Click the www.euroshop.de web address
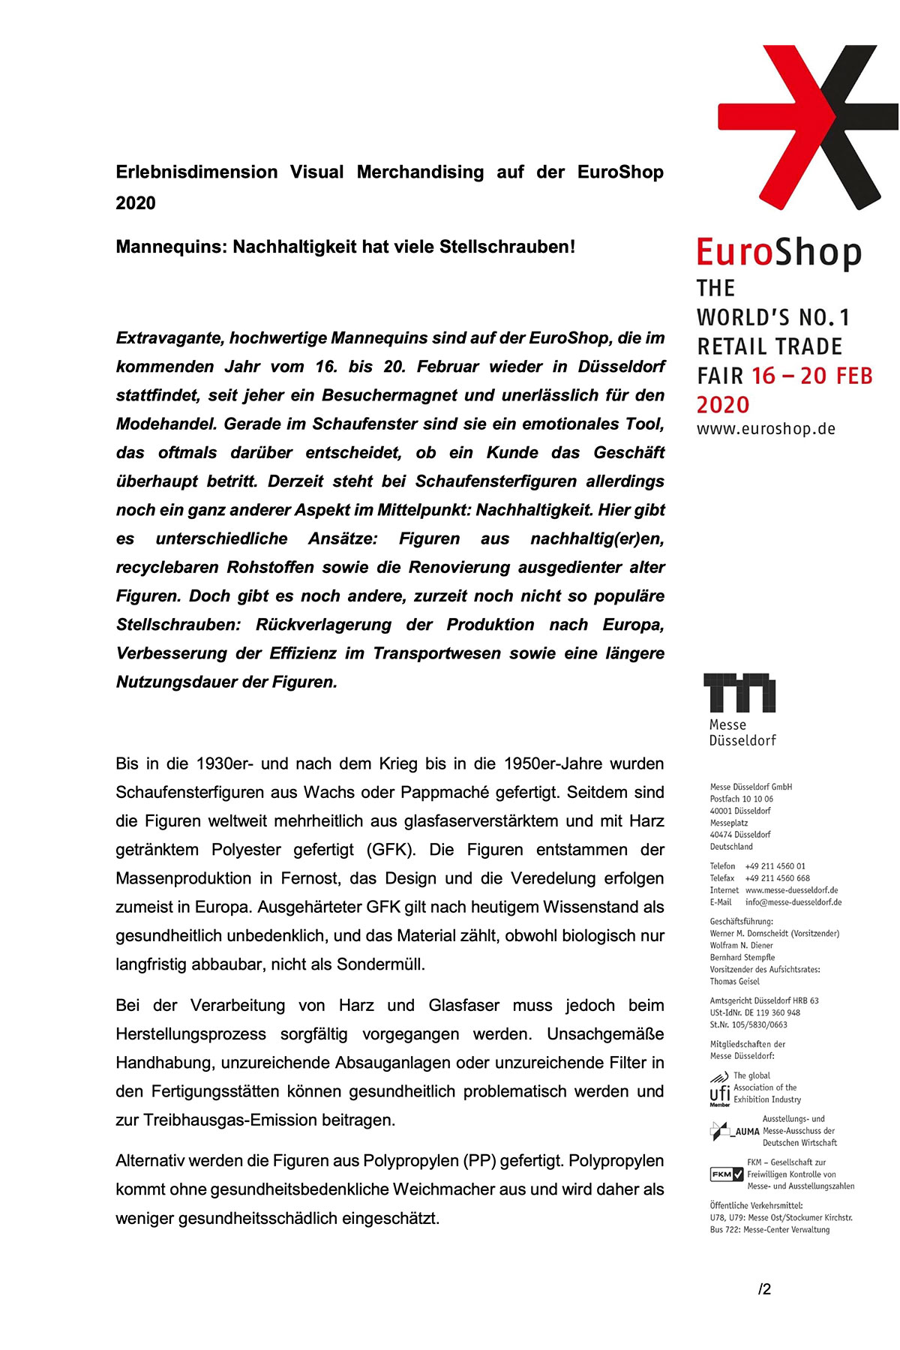[x=766, y=430]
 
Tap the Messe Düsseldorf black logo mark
[x=739, y=692]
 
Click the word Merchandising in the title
[x=420, y=172]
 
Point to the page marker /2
[x=764, y=1289]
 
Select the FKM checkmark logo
[x=727, y=1174]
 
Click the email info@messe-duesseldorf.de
[x=793, y=902]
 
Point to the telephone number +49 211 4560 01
[x=775, y=866]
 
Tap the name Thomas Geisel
[x=734, y=982]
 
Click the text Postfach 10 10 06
[x=741, y=799]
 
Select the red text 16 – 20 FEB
[x=811, y=376]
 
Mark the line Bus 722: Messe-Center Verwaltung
[x=769, y=1230]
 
